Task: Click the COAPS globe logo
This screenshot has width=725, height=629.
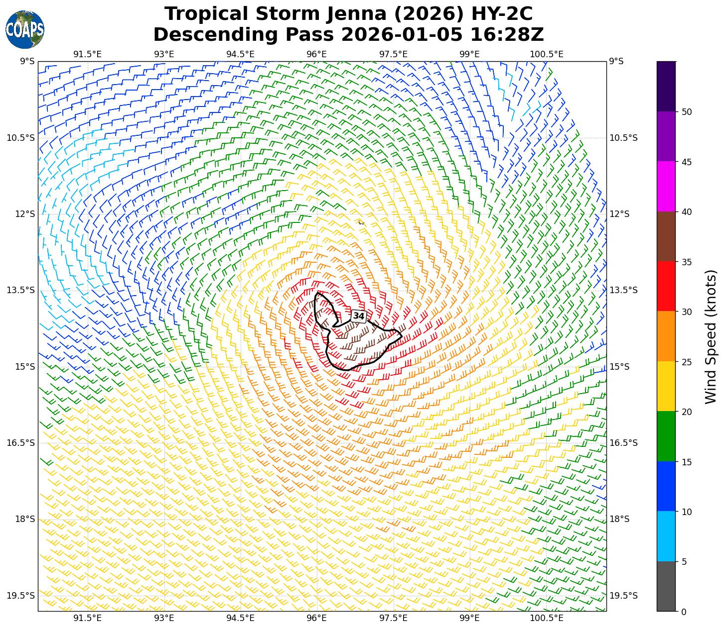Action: coord(24,30)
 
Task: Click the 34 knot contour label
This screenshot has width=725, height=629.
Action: coord(359,316)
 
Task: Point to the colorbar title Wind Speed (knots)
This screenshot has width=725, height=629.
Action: coord(711,336)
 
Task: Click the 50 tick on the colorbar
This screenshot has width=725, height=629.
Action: coord(687,112)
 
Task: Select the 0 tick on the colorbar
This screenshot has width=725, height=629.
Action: coord(684,612)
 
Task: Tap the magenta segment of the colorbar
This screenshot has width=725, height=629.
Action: coord(666,187)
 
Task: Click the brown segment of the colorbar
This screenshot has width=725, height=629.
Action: coord(666,236)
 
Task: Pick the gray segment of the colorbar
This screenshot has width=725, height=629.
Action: coord(666,586)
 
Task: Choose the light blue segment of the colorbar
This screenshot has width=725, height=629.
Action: coord(666,536)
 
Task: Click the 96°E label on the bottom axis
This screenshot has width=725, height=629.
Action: coord(316,619)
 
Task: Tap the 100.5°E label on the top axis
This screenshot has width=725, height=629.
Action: coord(546,54)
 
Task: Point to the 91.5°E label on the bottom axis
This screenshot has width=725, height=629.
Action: coord(88,619)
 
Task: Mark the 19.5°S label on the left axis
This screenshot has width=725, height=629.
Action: coord(21,596)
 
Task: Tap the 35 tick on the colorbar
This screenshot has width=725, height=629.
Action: coord(687,262)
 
